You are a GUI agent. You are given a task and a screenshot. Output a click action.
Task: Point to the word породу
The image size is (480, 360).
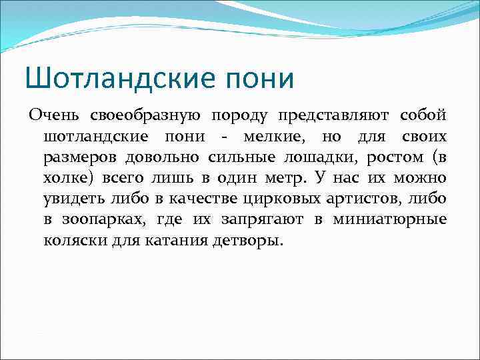point(239,117)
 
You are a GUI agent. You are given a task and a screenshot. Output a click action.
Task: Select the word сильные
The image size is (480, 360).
point(221,157)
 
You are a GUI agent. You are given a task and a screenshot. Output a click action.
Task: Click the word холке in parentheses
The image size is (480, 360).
point(69,179)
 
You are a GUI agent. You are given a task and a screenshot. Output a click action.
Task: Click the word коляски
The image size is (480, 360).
point(71,240)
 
